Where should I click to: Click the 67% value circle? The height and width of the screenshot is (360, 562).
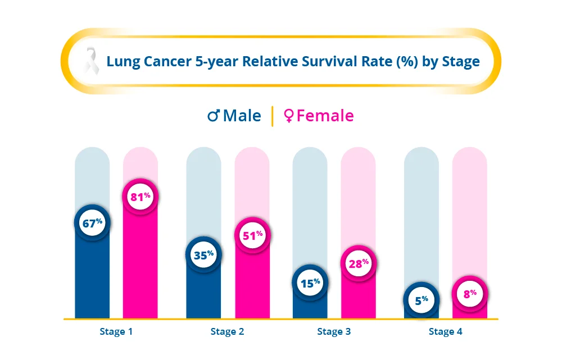coord(92,223)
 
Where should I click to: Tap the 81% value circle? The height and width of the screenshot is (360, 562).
coord(140,197)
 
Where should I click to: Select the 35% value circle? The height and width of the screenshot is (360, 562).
coord(203,255)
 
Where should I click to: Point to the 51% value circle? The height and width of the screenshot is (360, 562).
coord(252,235)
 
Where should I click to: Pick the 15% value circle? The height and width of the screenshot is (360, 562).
coord(310,283)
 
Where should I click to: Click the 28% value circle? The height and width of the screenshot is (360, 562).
coord(357,263)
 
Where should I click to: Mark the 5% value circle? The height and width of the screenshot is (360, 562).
coord(422,300)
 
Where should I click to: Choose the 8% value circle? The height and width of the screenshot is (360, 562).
coord(470,293)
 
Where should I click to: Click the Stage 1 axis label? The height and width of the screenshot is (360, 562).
coord(116,331)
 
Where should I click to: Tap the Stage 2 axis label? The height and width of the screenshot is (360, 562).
coord(227,331)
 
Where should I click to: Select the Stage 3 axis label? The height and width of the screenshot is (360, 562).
coord(334,331)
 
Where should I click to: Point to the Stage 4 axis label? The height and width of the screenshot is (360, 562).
coord(446,331)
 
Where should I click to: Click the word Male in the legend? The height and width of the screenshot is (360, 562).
coord(242,116)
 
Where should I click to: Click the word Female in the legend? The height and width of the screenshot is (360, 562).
coord(325,116)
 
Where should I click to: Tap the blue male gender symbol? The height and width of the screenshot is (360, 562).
coord(213,116)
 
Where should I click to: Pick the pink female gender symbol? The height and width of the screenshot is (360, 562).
coord(289,116)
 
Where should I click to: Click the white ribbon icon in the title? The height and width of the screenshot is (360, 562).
coord(90,61)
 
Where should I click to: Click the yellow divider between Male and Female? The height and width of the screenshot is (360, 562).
coord(273,116)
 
